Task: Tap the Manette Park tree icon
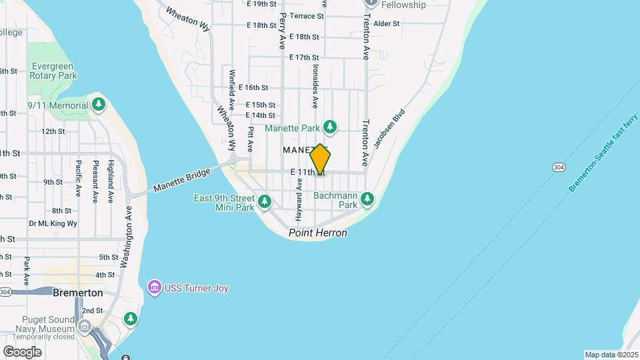(329, 127)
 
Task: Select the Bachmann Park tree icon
(367, 198)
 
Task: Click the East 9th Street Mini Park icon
(265, 200)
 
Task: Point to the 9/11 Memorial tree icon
(99, 105)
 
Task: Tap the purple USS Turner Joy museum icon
(155, 288)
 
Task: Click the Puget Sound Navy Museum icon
(85, 326)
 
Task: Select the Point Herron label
(318, 233)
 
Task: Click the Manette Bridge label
(182, 180)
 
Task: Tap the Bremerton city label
(77, 293)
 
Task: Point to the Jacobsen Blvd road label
(389, 129)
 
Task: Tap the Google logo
(22, 351)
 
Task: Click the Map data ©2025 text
(611, 355)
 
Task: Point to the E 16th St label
(257, 87)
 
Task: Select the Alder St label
(387, 23)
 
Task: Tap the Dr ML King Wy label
(53, 223)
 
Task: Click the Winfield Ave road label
(232, 90)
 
